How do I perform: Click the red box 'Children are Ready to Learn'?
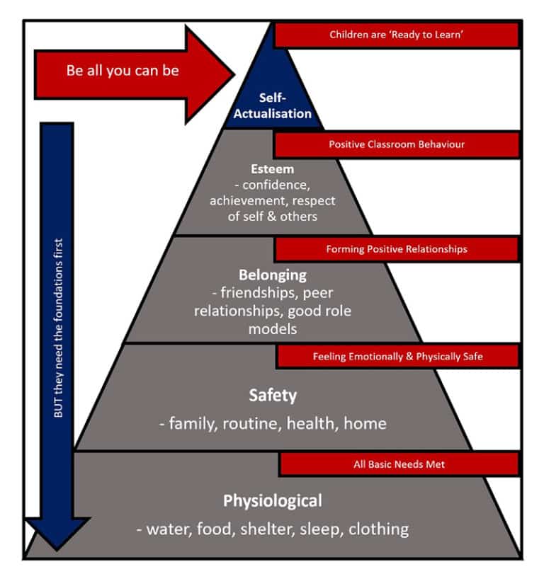point(396,35)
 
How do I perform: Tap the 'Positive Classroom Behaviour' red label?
point(396,144)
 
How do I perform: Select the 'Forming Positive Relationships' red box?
point(396,249)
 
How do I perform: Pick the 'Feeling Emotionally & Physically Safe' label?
point(397,357)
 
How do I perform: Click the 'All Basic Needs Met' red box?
point(399,465)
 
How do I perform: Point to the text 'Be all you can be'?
point(122,71)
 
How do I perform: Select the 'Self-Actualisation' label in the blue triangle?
point(273,106)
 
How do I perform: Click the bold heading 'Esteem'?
point(272,170)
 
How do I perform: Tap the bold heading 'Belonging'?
point(273,275)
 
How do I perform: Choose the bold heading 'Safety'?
point(272,395)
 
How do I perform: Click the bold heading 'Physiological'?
point(273,501)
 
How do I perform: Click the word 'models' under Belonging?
point(273,329)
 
